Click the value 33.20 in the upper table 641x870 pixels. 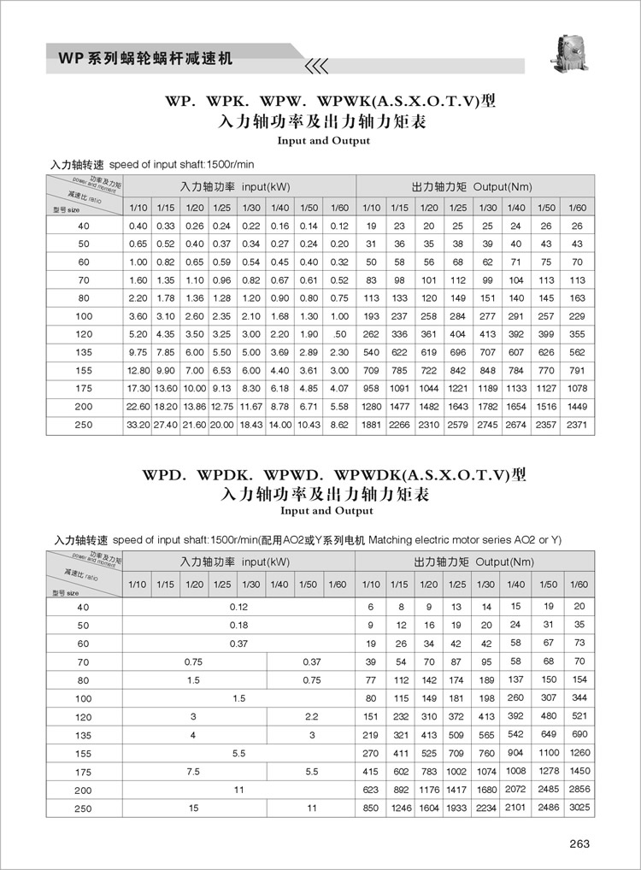(138, 424)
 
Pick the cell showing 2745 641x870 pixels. (487, 424)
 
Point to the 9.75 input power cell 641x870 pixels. (138, 350)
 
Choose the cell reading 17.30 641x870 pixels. (138, 387)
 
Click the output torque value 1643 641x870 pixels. (458, 406)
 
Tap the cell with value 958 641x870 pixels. (370, 387)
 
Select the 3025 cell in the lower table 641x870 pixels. (579, 807)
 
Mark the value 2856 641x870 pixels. (579, 789)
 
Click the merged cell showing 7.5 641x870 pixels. (194, 771)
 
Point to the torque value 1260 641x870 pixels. (579, 752)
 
